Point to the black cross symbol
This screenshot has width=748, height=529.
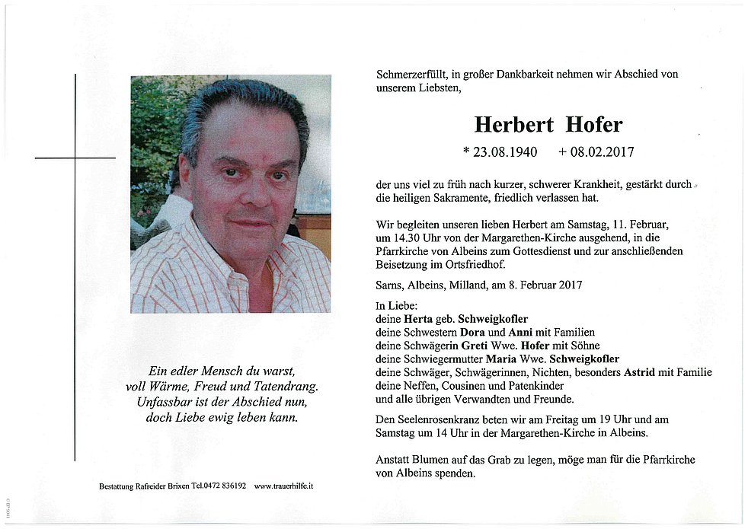(x=75, y=158)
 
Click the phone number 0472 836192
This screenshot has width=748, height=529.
(x=219, y=486)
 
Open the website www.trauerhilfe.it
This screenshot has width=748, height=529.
(x=283, y=486)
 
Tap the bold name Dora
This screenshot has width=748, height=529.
(x=472, y=332)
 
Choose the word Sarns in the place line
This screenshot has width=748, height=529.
(x=392, y=285)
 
